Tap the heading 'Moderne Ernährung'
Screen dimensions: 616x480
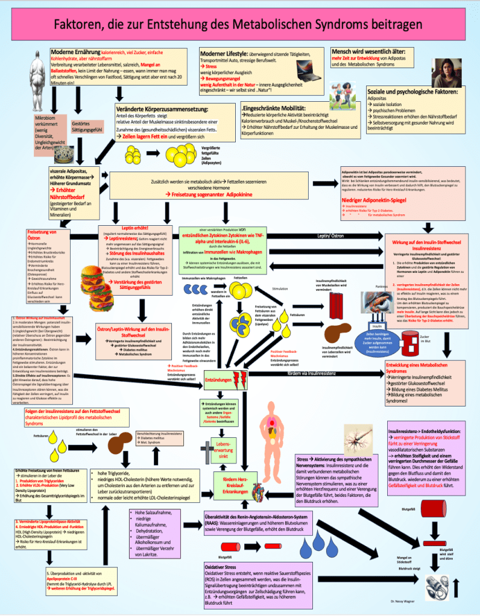coord(75,52)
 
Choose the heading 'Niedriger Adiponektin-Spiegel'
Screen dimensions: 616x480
coord(376,199)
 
